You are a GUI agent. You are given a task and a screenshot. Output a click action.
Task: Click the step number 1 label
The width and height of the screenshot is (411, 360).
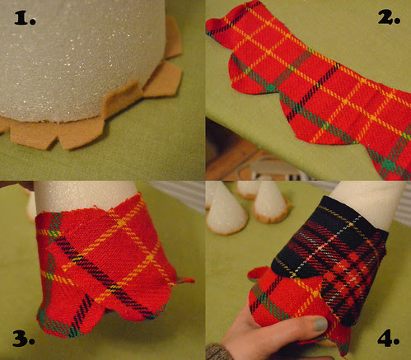tap(25, 19)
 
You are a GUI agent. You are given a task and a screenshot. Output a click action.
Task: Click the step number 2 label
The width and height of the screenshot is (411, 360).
tap(389, 18)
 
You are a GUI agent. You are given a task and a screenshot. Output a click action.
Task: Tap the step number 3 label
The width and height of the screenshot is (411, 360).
tap(23, 339)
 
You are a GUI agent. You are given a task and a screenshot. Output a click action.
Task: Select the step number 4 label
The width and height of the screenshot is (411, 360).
tap(388, 339)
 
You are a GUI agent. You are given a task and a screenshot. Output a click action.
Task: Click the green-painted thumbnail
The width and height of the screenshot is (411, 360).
tap(320, 324)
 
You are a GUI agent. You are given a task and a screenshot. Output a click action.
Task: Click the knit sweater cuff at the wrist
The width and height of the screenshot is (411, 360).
tap(217, 353)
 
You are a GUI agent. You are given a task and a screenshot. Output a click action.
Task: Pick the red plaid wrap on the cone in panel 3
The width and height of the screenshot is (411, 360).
tap(110, 264)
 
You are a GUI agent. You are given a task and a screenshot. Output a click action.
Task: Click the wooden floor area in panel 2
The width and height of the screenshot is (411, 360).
tap(228, 154)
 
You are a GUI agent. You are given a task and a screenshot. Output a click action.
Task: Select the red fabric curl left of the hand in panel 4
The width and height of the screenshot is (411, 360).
tap(257, 274)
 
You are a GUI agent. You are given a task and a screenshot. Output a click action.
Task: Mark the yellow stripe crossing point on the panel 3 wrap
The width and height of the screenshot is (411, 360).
tap(121, 222)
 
